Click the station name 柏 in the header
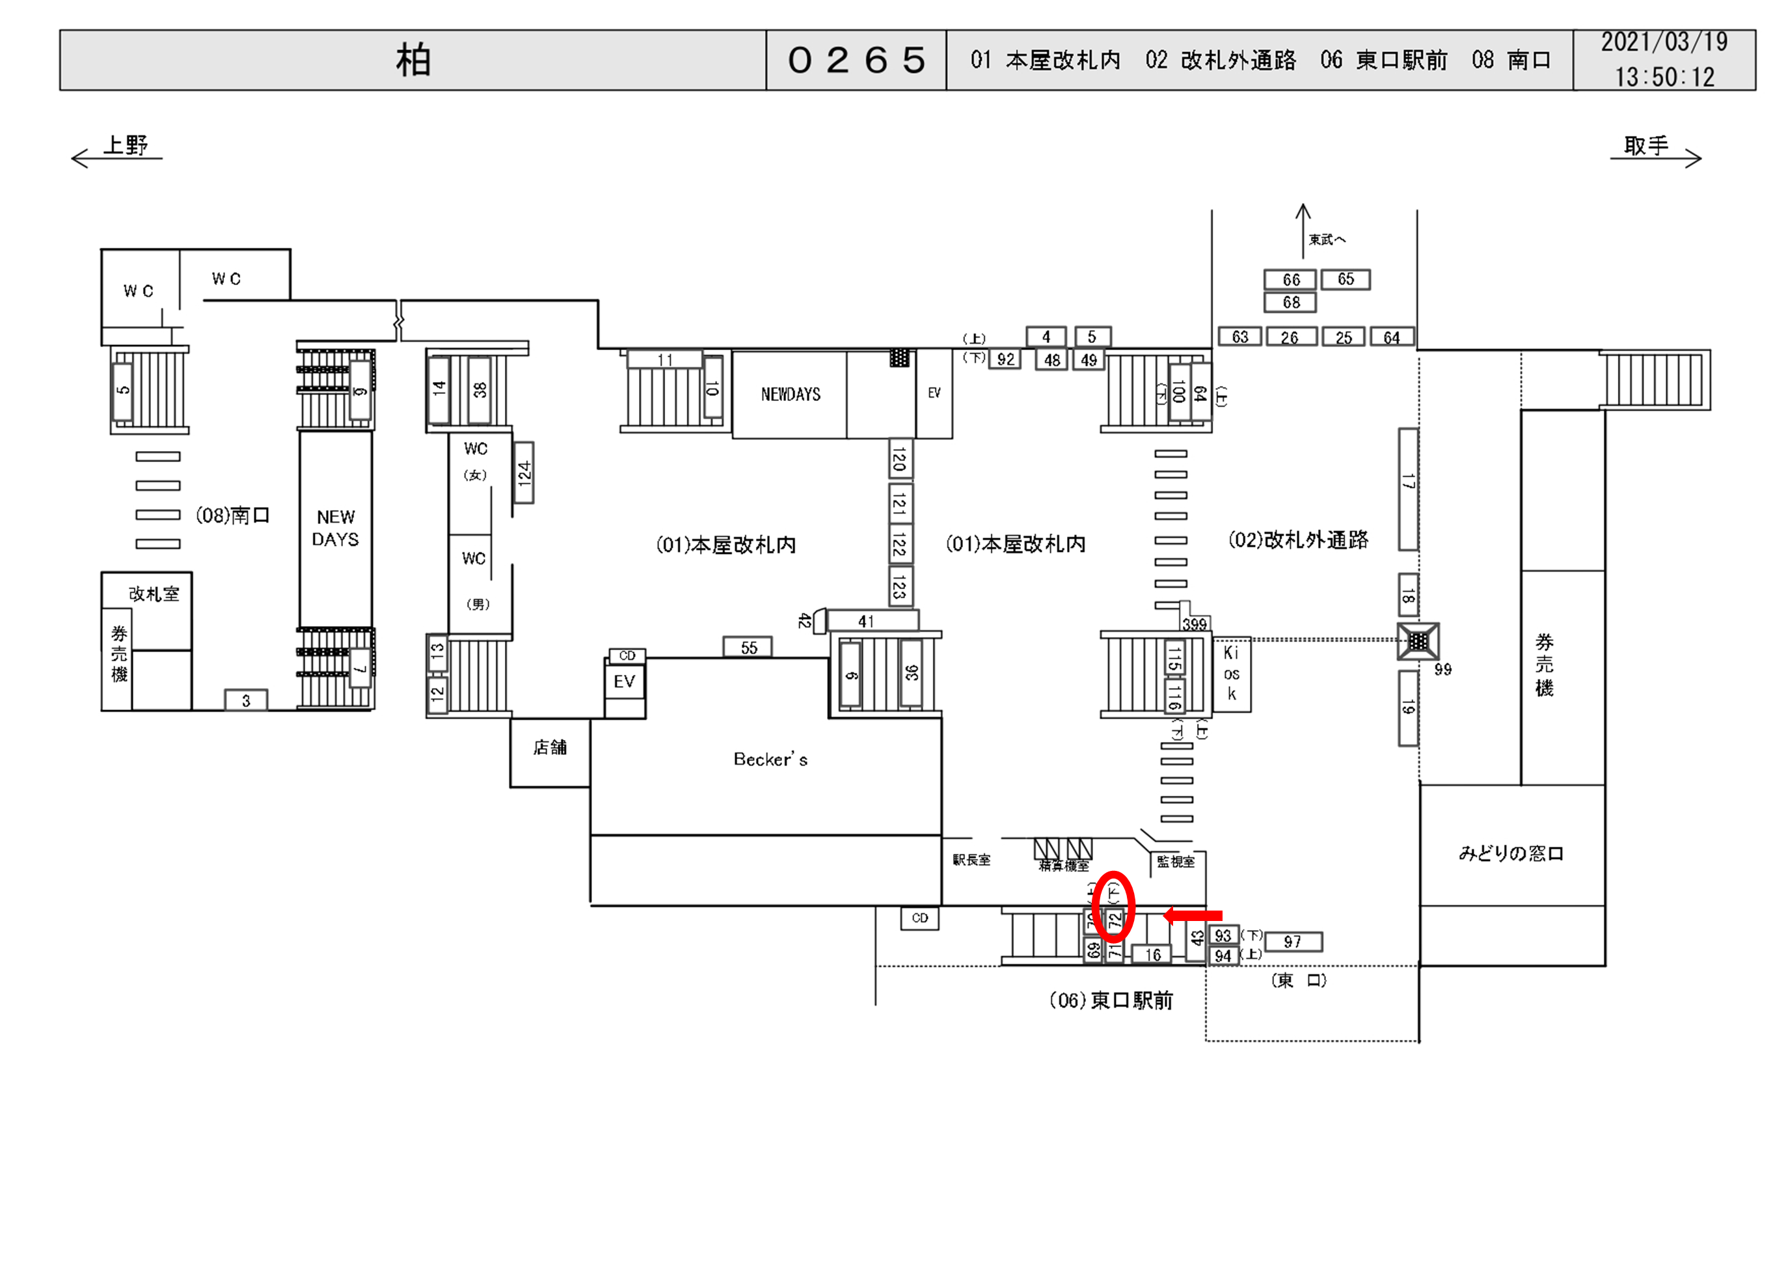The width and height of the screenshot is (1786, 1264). point(413,61)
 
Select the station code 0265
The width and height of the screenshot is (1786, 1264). point(856,61)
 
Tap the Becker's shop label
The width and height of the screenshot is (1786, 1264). point(770,760)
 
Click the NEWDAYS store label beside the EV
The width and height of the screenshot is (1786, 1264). point(791,394)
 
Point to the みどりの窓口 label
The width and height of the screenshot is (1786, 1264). point(1511,854)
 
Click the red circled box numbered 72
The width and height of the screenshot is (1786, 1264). point(1115,921)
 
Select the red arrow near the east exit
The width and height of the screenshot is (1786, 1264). point(1193,915)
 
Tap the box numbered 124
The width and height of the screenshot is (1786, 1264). point(524,473)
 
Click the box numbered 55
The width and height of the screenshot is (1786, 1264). point(748,648)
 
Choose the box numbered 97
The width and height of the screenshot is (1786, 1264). point(1292,942)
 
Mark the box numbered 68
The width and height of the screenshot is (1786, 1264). point(1290,302)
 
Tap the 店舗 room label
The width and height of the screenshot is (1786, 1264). point(549,748)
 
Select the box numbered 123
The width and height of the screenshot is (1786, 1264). point(900,586)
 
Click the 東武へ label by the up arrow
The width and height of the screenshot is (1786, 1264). point(1326,240)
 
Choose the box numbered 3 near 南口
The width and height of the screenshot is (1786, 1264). point(246,700)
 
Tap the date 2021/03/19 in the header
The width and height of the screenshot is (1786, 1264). point(1664,43)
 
